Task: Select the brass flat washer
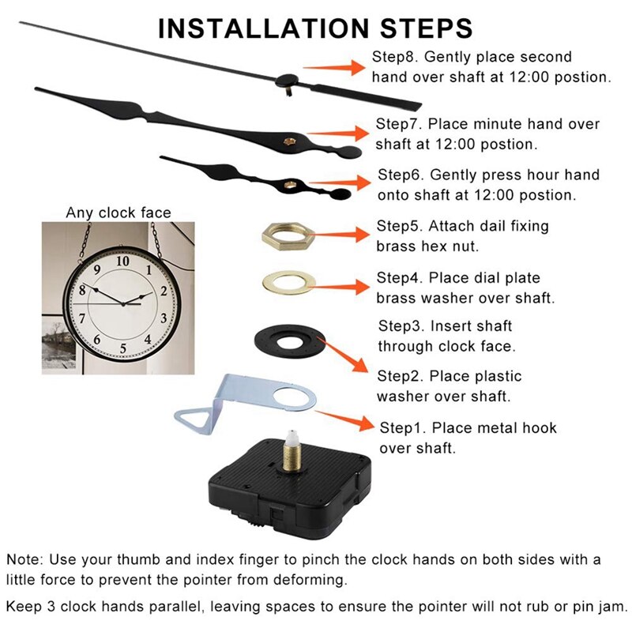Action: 288,282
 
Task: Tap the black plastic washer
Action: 288,340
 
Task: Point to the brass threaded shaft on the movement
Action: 292,459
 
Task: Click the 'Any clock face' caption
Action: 118,213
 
